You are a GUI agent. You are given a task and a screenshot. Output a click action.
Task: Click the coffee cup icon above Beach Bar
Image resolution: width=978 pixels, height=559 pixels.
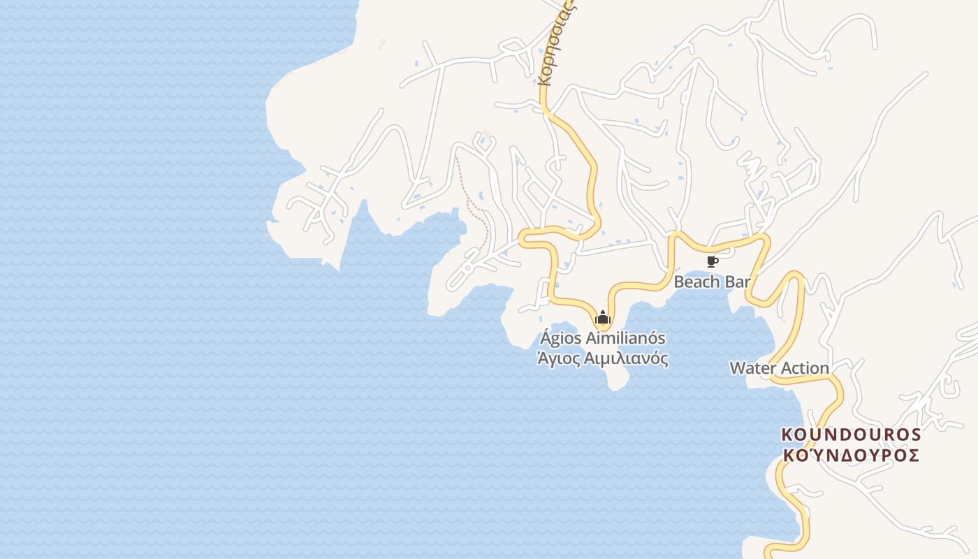[x=712, y=262]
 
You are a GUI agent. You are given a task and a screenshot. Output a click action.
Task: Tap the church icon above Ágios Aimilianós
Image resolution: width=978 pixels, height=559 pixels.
[x=602, y=318]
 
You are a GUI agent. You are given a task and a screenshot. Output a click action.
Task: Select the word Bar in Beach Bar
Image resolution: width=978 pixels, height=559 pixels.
[x=736, y=282]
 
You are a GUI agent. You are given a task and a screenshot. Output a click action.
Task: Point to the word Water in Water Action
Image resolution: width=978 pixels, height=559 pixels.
[x=752, y=368]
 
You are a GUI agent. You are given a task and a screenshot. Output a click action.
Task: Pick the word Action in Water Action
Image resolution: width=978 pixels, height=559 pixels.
[x=804, y=368]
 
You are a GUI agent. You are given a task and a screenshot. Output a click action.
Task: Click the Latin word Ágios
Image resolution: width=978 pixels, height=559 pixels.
[x=560, y=338]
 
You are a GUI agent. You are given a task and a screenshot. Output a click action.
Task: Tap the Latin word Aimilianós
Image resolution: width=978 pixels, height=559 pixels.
[x=625, y=338]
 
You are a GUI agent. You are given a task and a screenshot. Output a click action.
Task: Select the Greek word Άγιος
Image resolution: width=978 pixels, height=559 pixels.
[x=557, y=359]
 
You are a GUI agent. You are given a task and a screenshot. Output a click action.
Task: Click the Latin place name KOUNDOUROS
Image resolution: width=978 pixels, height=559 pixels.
[x=851, y=435]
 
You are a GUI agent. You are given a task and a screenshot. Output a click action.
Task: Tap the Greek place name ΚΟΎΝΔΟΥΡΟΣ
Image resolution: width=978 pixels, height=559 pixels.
[x=851, y=456]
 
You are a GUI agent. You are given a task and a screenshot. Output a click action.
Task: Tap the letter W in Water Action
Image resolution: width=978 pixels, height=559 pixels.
[x=737, y=368]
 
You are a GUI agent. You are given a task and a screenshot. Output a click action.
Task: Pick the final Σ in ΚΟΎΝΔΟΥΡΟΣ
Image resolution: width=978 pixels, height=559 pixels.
[x=912, y=456]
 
